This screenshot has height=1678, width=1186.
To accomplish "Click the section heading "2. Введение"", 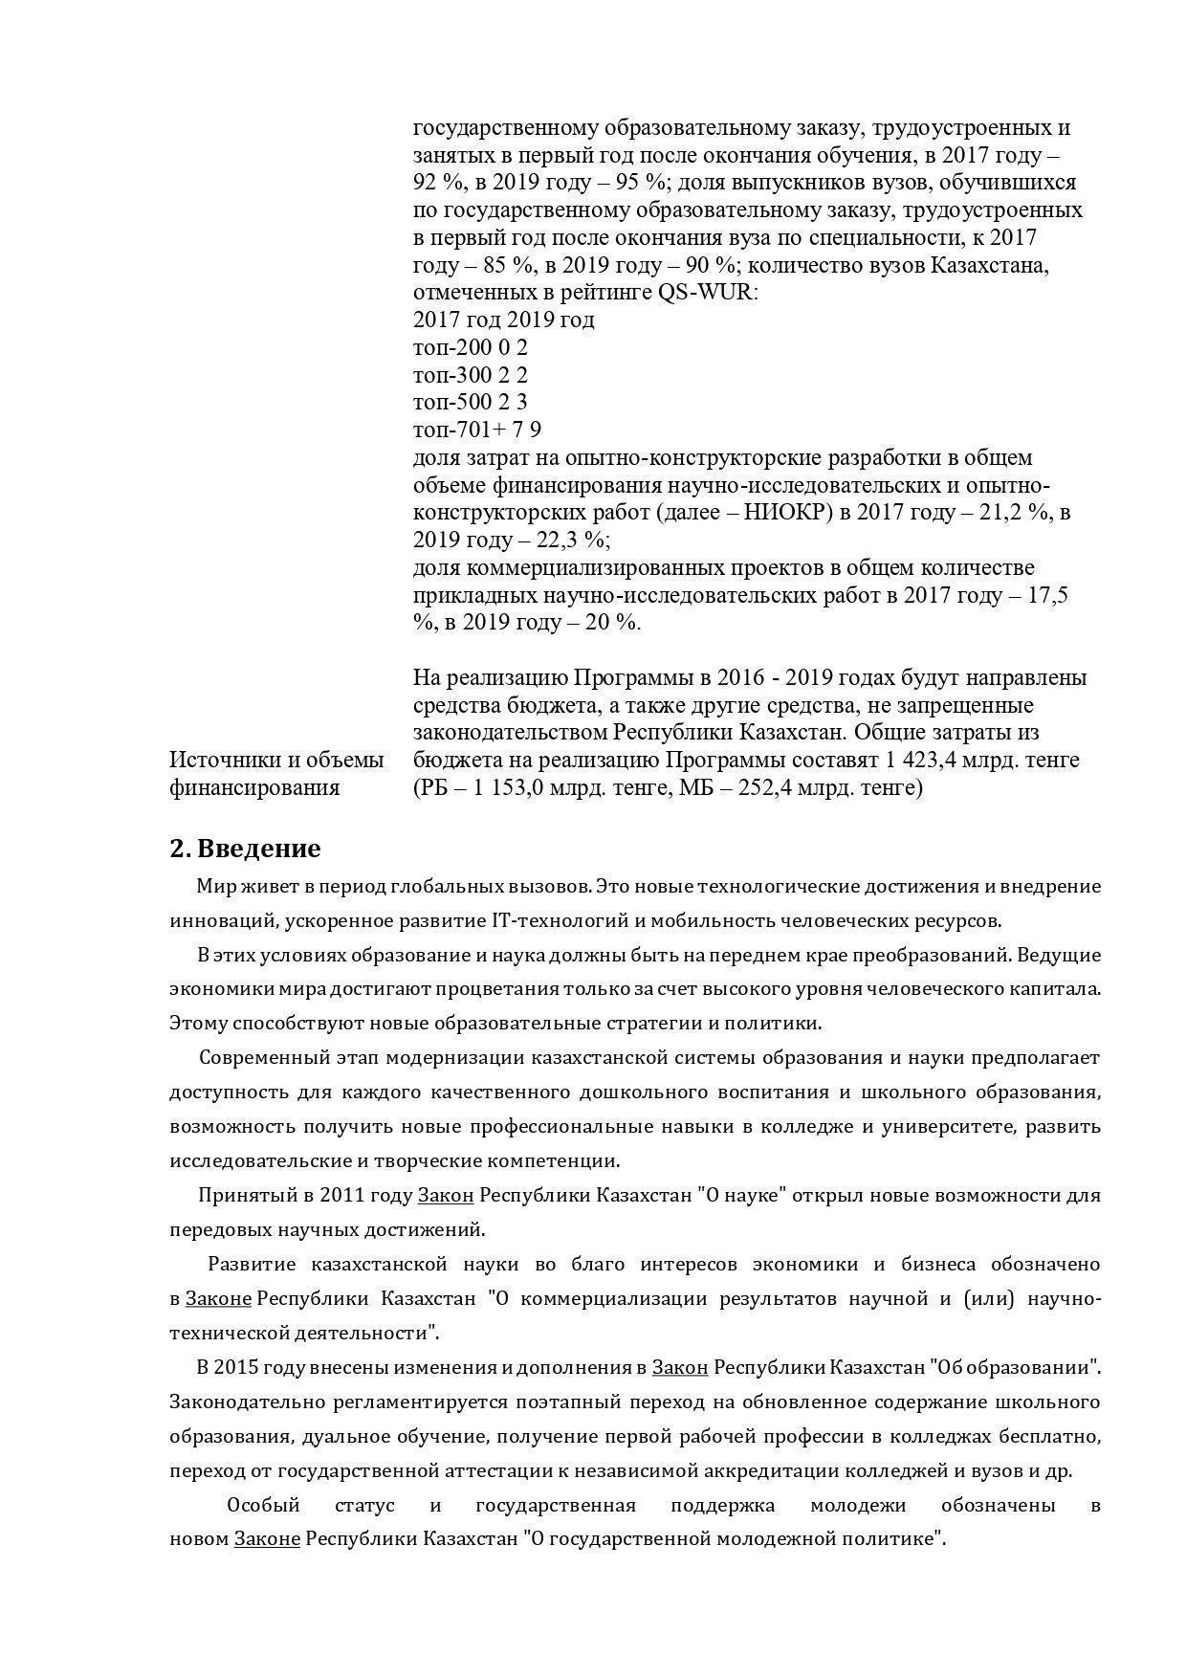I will click(x=245, y=849).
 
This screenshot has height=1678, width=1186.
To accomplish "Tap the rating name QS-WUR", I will click(x=707, y=292).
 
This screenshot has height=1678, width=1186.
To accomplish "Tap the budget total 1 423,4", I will click(x=918, y=761).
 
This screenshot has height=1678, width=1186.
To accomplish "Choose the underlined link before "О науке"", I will click(x=446, y=1196).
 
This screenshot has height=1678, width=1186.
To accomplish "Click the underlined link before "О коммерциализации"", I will click(x=218, y=1299).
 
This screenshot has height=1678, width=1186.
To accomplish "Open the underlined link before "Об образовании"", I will click(x=679, y=1368).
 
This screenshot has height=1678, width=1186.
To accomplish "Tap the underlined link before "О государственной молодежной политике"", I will click(x=267, y=1540).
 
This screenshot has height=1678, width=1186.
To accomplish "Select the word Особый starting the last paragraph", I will click(x=263, y=1506).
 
